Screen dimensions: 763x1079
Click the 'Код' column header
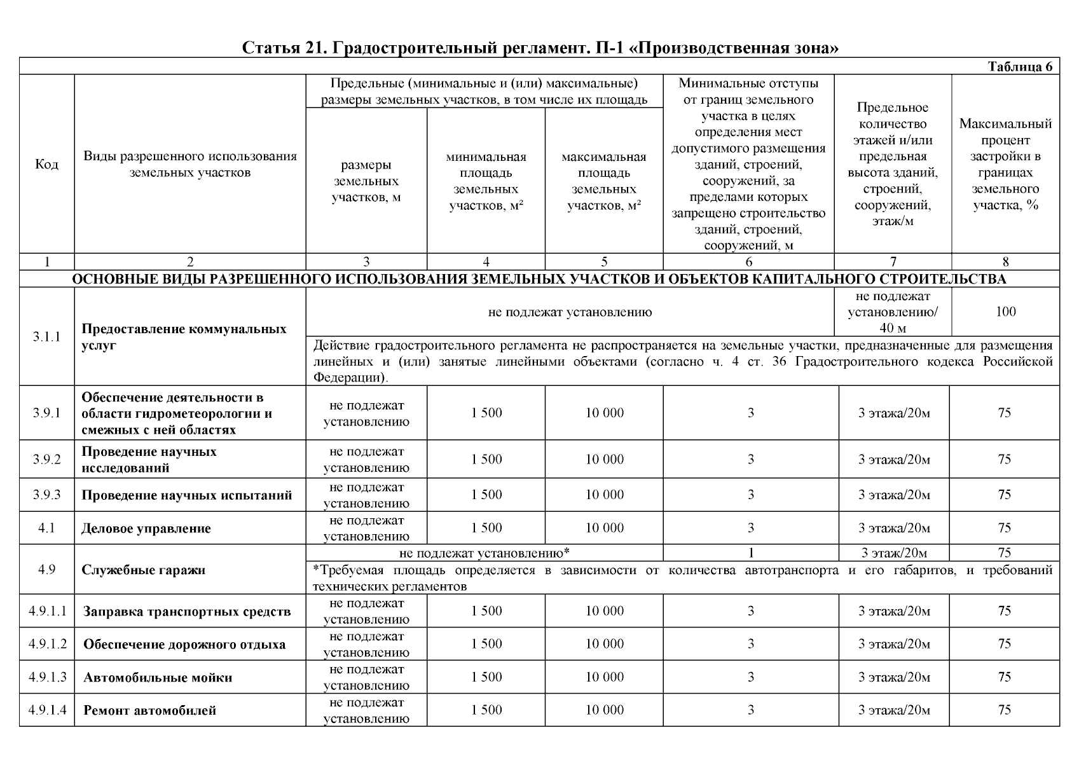(46, 165)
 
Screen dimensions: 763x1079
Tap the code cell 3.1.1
(46, 337)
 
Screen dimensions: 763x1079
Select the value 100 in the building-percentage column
(1005, 312)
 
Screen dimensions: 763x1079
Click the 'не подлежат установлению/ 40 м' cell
(893, 312)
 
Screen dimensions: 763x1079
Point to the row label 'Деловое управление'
(146, 529)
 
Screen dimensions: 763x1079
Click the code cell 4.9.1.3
(47, 677)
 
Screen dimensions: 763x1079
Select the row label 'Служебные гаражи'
(144, 570)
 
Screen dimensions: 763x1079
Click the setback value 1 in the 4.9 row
(751, 553)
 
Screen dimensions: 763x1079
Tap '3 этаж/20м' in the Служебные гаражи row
(894, 553)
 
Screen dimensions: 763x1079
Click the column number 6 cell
(748, 262)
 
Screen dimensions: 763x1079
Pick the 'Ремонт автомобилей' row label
(150, 711)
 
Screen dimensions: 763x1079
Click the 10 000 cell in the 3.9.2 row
(604, 460)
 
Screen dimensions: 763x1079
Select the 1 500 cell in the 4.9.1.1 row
(486, 611)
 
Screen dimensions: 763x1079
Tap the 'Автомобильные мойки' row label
(158, 678)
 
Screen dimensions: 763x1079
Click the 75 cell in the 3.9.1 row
(1005, 413)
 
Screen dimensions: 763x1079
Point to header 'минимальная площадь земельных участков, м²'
(486, 181)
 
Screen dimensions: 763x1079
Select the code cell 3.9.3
(46, 495)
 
